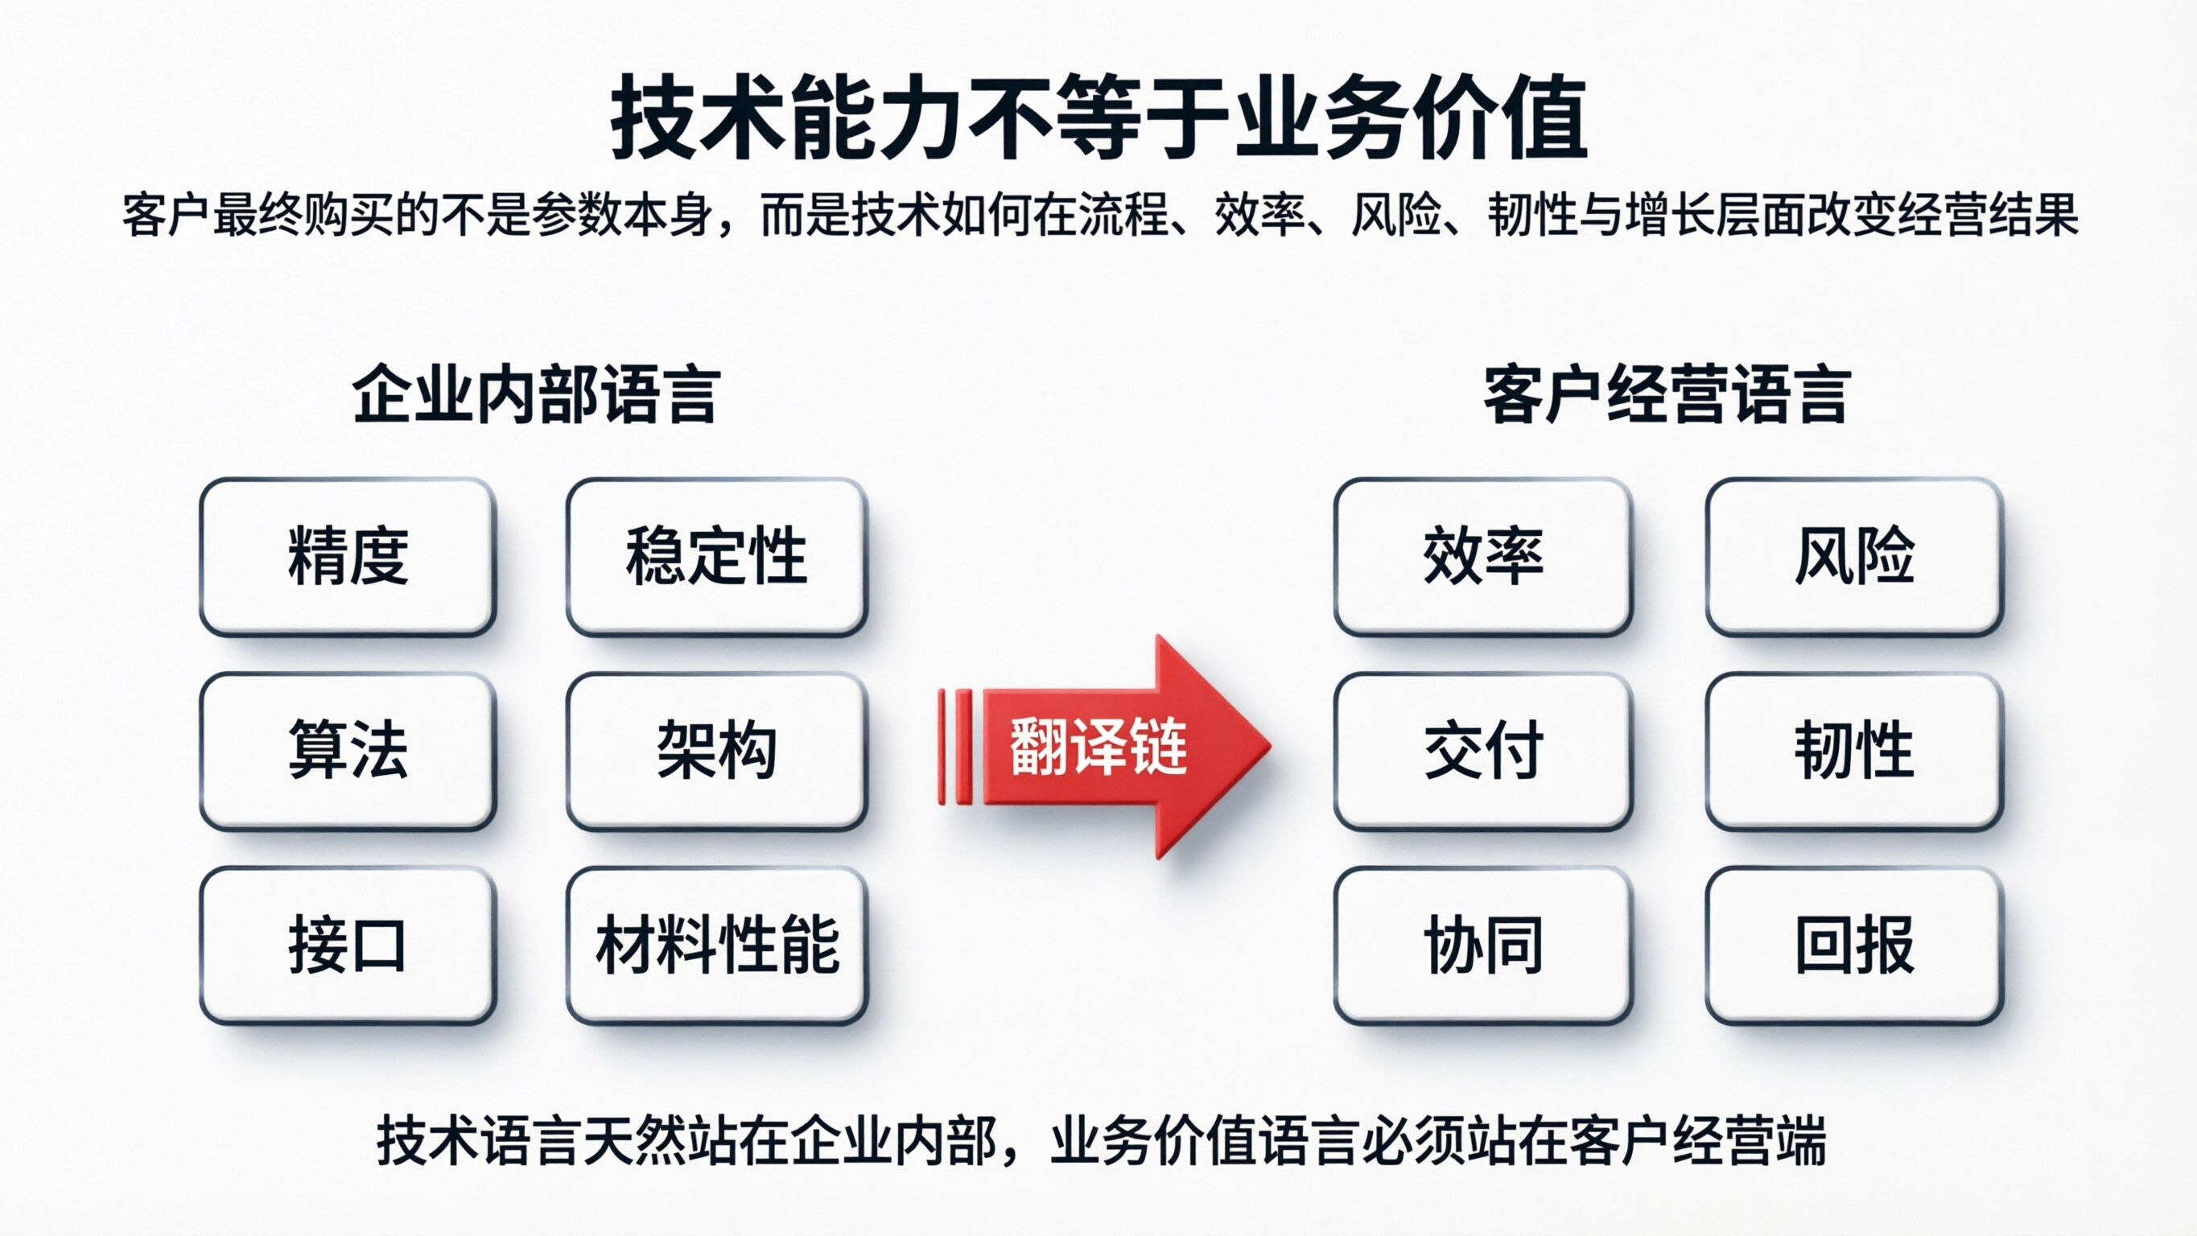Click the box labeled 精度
pyautogui.click(x=348, y=556)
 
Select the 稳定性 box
pyautogui.click(x=716, y=556)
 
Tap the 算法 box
pyautogui.click(x=348, y=751)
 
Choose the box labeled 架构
pyautogui.click(x=716, y=751)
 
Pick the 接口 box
pyautogui.click(x=348, y=946)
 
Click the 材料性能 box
pyautogui.click(x=716, y=946)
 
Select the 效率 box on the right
pyautogui.click(x=1483, y=556)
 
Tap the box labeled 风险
pyautogui.click(x=1854, y=556)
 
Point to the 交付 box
pyautogui.click(x=1483, y=751)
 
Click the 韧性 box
pyautogui.click(x=1854, y=751)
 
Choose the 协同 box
pyautogui.click(x=1483, y=946)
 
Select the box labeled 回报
pyautogui.click(x=1854, y=946)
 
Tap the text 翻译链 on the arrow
pyautogui.click(x=1098, y=747)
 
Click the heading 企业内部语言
pyautogui.click(x=537, y=395)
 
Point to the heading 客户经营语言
pyautogui.click(x=1667, y=395)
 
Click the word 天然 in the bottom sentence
pyautogui.click(x=634, y=1139)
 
